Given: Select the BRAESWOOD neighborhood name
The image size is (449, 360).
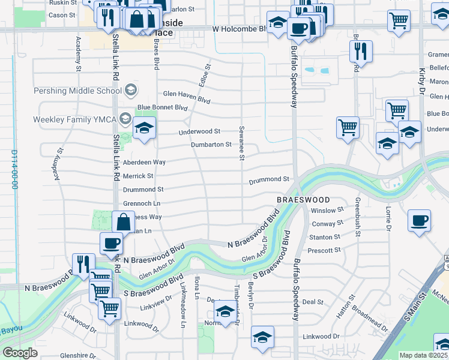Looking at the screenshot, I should [x=303, y=199].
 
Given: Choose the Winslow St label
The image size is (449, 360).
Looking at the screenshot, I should [x=327, y=211].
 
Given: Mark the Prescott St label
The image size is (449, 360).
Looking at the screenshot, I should [x=325, y=250].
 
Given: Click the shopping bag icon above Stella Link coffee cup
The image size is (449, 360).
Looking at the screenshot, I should [x=123, y=221].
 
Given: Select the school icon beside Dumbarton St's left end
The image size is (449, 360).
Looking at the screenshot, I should [x=144, y=128].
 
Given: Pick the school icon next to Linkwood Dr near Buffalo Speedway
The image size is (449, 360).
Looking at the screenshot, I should [x=262, y=339].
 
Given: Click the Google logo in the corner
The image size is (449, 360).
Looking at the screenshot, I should [x=20, y=353].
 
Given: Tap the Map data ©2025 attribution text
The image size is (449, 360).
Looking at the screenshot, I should [x=423, y=355].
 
